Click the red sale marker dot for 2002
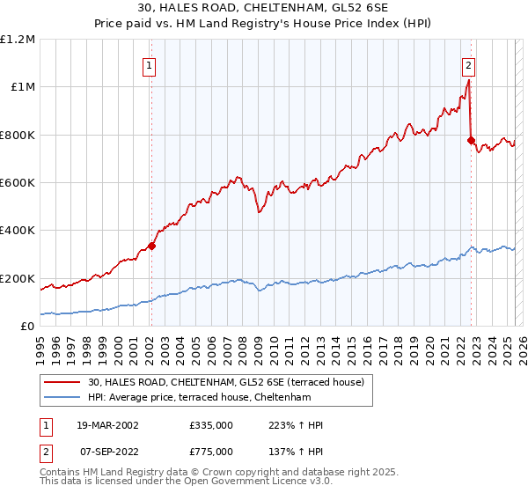[x=151, y=246]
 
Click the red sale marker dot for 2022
[x=471, y=140]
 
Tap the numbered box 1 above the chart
[x=150, y=64]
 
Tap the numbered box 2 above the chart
[x=469, y=64]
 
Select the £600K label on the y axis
[x=18, y=183]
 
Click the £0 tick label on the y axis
[x=27, y=327]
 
